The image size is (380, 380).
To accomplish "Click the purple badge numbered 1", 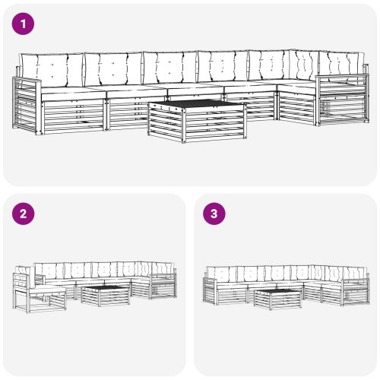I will click(24, 24).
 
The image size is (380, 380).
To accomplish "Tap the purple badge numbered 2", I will click(24, 214).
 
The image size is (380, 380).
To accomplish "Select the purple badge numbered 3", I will click(214, 214).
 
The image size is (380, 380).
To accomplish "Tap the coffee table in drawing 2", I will click(105, 294).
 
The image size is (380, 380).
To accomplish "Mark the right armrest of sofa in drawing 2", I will click(164, 285).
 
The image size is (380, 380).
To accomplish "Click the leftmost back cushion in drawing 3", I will click(222, 273).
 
